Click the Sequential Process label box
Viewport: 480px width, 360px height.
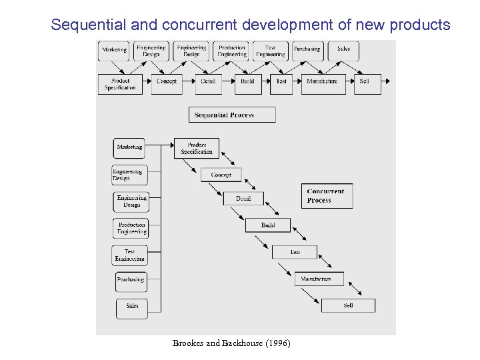coord(231,115)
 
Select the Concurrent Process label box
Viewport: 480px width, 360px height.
coord(327,196)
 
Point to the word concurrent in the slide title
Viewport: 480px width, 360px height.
coord(197,25)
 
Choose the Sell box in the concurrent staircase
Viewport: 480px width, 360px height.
coord(348,305)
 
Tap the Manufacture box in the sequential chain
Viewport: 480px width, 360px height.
coord(322,82)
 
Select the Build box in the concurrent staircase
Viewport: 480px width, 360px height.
coord(268,225)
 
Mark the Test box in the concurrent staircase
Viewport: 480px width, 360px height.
coord(295,252)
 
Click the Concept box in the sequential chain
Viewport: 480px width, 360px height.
coord(166,82)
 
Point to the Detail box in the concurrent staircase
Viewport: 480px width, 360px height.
coord(243,199)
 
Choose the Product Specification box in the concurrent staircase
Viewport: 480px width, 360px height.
coord(196,148)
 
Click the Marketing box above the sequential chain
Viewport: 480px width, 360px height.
coord(113,51)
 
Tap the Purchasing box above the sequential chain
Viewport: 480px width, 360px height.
coord(307,51)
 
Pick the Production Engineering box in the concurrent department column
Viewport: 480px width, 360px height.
coord(131,228)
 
